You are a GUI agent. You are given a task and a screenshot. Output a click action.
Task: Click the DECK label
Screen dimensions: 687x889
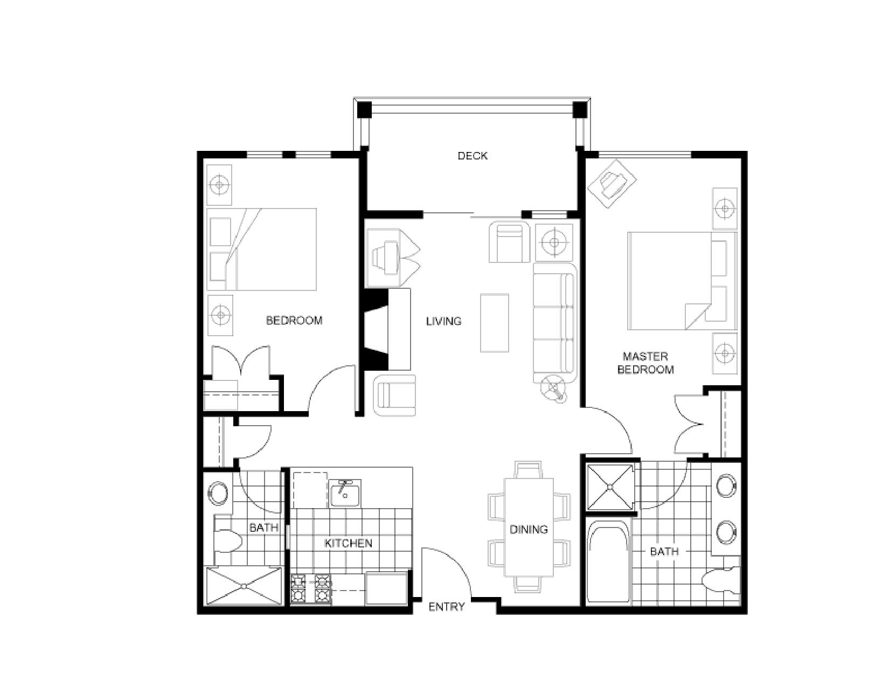pyautogui.click(x=473, y=156)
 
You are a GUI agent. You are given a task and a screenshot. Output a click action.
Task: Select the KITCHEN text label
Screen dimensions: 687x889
pyautogui.click(x=348, y=543)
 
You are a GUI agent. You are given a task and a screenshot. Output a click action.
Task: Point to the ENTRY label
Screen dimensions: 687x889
pyautogui.click(x=446, y=607)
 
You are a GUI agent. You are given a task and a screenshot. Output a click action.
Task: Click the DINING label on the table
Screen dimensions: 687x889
pyautogui.click(x=529, y=529)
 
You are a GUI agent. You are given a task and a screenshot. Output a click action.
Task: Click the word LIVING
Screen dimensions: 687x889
pyautogui.click(x=443, y=321)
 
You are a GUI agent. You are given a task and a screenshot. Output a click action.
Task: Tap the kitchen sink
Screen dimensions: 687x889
pyautogui.click(x=345, y=492)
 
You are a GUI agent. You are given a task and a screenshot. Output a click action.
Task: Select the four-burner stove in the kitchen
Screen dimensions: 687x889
pyautogui.click(x=311, y=588)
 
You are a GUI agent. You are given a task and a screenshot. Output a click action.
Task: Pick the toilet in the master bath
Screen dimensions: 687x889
pyautogui.click(x=722, y=581)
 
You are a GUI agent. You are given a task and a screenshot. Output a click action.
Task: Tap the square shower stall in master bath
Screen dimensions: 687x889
pyautogui.click(x=610, y=487)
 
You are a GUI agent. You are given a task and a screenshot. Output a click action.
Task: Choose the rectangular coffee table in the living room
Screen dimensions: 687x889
pyautogui.click(x=494, y=323)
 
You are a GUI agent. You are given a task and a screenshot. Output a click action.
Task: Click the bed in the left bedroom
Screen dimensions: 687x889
pyautogui.click(x=262, y=249)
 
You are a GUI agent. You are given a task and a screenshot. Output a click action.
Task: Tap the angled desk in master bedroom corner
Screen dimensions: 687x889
pyautogui.click(x=612, y=183)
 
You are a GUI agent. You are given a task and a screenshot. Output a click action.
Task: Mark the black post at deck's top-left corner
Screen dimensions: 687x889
pyautogui.click(x=365, y=109)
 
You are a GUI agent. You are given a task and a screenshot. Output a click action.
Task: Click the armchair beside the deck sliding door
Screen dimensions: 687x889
pyautogui.click(x=509, y=242)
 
